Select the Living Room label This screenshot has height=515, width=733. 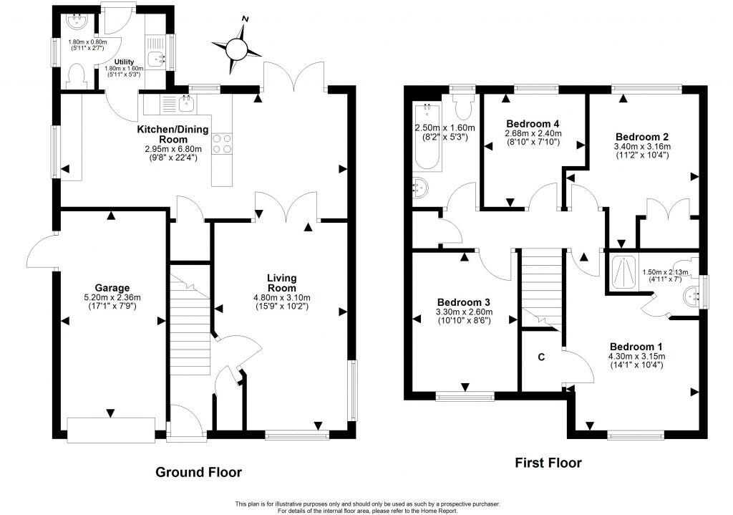click(x=281, y=282)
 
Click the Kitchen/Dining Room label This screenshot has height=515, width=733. click(x=173, y=134)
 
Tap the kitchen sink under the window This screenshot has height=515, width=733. click(x=185, y=105)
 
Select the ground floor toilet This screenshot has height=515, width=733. click(x=76, y=74)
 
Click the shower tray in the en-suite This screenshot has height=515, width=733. click(x=622, y=271)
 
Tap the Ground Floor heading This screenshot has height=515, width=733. click(x=198, y=472)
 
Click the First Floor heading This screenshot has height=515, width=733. click(x=548, y=463)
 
